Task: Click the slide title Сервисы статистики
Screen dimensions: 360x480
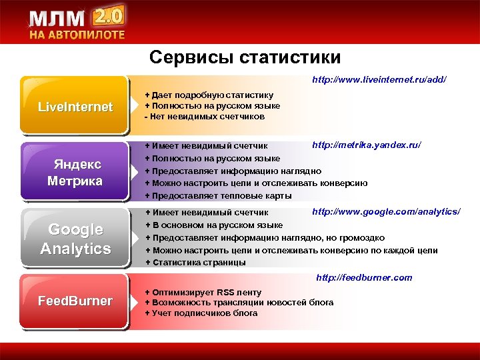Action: click(x=245, y=57)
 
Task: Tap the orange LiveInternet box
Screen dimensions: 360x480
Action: click(x=75, y=107)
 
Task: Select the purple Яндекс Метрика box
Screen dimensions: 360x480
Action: click(x=75, y=173)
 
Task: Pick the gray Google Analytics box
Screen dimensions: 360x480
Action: click(x=75, y=239)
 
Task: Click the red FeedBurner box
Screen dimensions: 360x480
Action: click(x=75, y=301)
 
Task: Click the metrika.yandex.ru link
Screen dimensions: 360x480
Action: click(x=367, y=145)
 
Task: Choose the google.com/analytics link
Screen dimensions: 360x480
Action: click(x=386, y=211)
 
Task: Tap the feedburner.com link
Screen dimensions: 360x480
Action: click(x=363, y=277)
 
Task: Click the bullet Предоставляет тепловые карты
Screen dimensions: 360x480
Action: click(x=219, y=195)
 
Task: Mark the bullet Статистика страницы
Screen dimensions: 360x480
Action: click(x=195, y=262)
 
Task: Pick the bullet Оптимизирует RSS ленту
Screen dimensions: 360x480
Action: click(x=203, y=293)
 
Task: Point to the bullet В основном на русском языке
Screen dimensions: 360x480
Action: click(x=214, y=225)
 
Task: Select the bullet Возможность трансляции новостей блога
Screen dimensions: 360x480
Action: click(x=239, y=303)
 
